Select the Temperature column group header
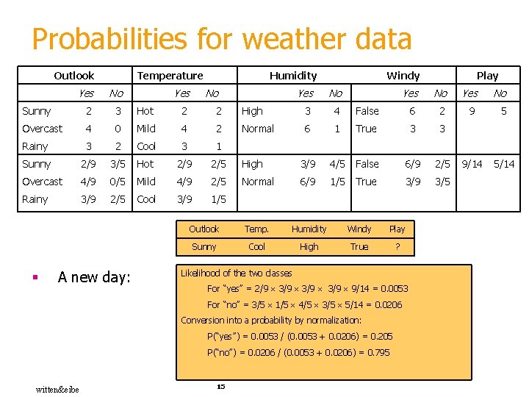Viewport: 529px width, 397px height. pyautogui.click(x=170, y=75)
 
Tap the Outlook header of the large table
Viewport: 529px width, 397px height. pyautogui.click(x=74, y=75)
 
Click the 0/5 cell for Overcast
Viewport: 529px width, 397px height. pyautogui.click(x=116, y=182)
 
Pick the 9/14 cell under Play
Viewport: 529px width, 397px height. pyautogui.click(x=471, y=164)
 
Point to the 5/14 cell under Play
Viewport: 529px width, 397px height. pyautogui.click(x=503, y=164)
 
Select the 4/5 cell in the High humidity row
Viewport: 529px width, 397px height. pyautogui.click(x=337, y=164)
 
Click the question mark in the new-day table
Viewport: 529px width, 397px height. pyautogui.click(x=397, y=247)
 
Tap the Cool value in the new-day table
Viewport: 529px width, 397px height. pyautogui.click(x=256, y=247)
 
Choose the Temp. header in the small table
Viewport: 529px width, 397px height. pyautogui.click(x=256, y=229)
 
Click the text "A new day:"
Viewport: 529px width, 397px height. pyautogui.click(x=94, y=277)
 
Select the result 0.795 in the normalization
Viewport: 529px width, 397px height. pyautogui.click(x=378, y=352)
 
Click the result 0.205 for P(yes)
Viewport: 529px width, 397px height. pyautogui.click(x=382, y=336)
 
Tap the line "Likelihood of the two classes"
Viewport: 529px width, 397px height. pyautogui.click(x=236, y=273)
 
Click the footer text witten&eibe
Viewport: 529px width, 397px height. pyautogui.click(x=57, y=389)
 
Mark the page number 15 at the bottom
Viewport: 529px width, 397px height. pyautogui.click(x=220, y=387)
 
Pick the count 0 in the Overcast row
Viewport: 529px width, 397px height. pyautogui.click(x=116, y=129)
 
